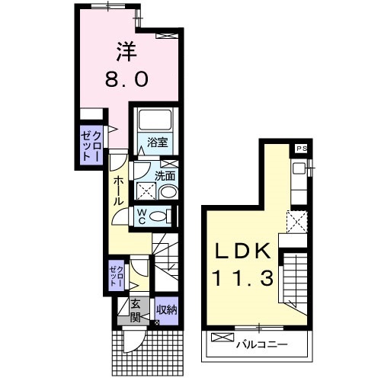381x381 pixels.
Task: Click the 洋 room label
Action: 126,52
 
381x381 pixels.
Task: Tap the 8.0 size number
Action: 126,79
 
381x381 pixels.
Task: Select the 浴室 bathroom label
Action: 158,142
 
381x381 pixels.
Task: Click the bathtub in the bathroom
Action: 155,120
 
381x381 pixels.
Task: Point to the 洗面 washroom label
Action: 165,175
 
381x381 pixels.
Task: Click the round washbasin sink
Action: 168,192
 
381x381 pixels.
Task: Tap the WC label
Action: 142,216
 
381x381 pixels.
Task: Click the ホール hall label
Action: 117,190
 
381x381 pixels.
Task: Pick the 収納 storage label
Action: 166,310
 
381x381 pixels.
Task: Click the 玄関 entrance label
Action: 136,311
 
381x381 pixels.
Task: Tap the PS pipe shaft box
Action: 302,149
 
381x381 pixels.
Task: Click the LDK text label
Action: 242,251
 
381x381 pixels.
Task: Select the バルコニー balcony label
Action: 262,344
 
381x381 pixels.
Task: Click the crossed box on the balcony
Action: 223,338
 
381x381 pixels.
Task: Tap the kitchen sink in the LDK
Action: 299,168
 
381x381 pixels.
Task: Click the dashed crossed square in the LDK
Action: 296,222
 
